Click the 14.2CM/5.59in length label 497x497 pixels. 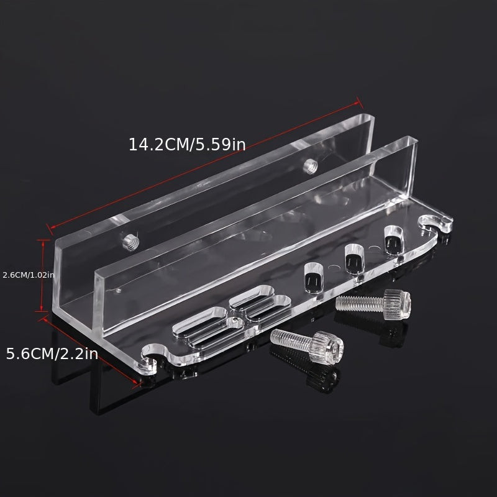click(x=187, y=145)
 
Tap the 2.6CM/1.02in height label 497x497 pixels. click(x=29, y=275)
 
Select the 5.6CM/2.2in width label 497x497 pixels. click(x=52, y=353)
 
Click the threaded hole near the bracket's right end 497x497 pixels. click(x=309, y=166)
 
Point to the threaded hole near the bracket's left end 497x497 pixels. click(x=130, y=242)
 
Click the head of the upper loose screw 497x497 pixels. click(x=398, y=304)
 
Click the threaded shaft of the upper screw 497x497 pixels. click(x=360, y=303)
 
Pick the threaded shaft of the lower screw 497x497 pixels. click(x=291, y=339)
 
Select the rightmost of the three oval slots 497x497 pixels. click(x=394, y=240)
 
